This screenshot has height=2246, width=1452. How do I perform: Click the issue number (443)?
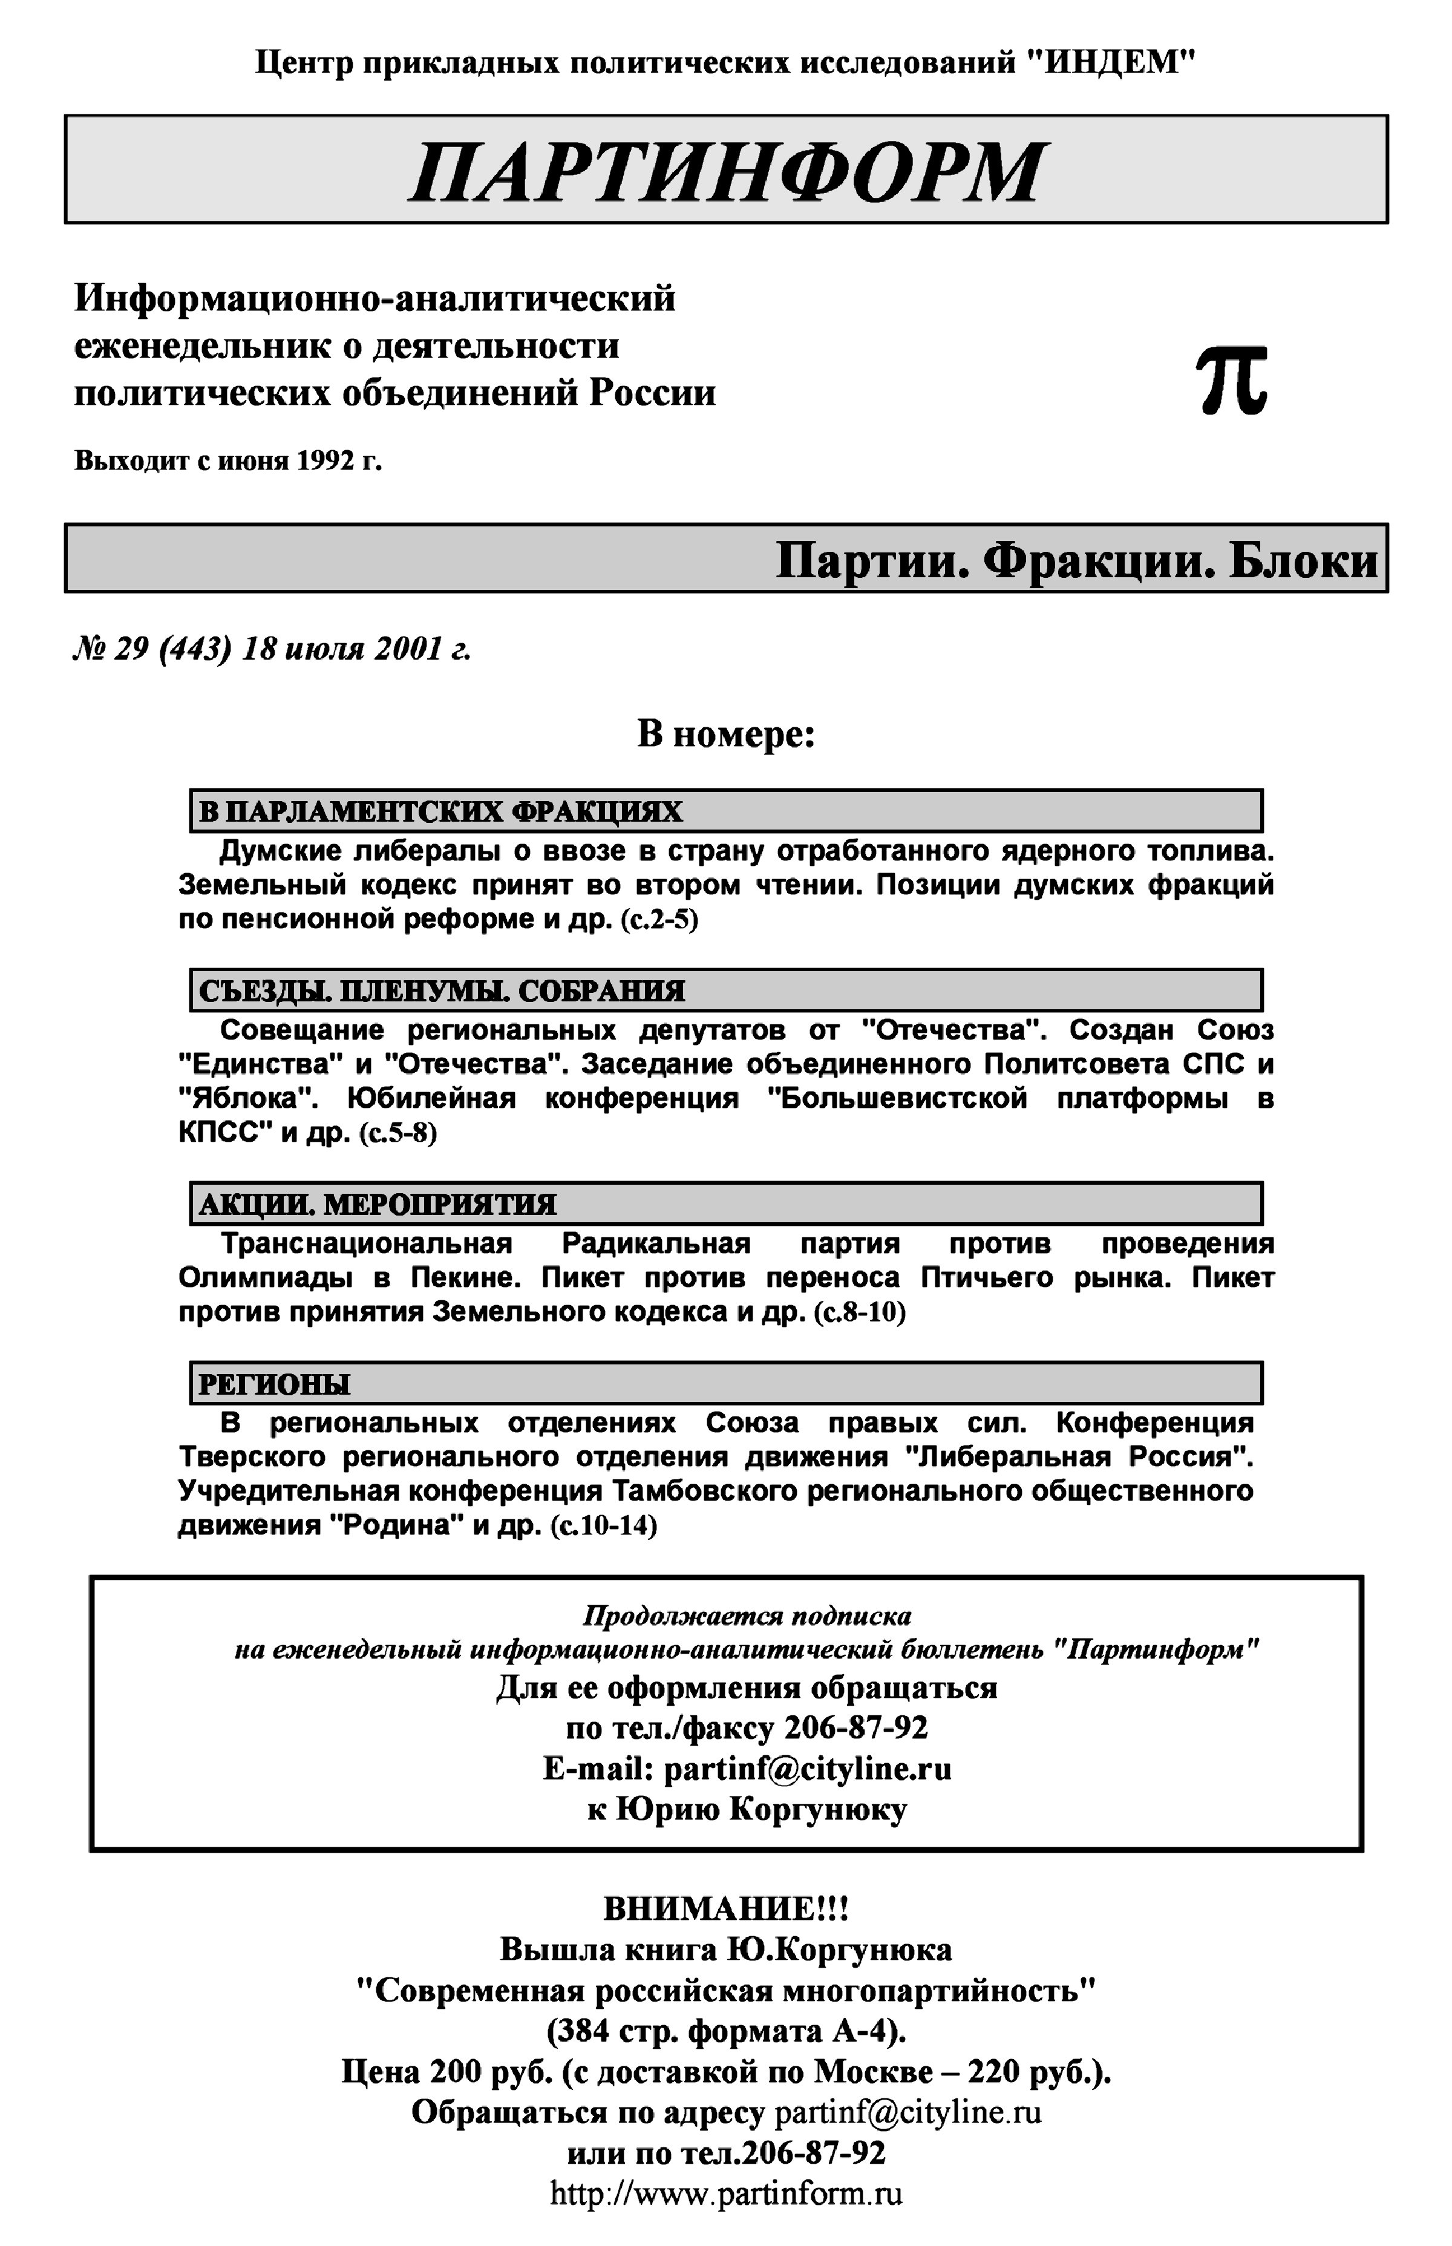click(196, 650)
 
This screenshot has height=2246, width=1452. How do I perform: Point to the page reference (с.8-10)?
click(859, 1312)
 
